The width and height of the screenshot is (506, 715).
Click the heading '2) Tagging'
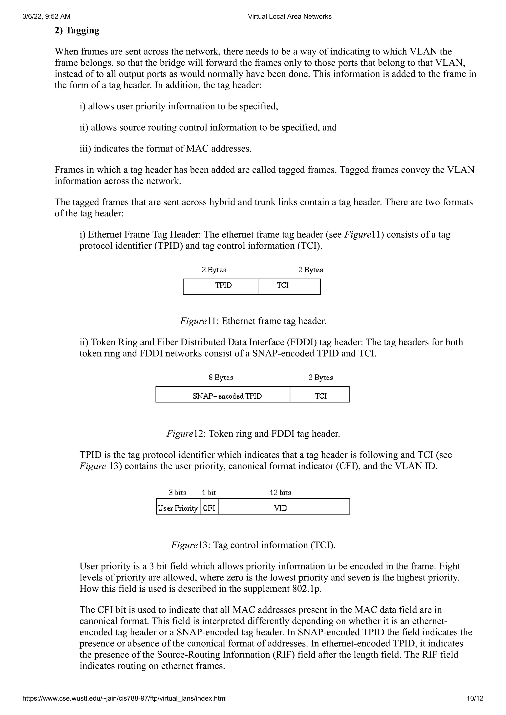click(x=77, y=31)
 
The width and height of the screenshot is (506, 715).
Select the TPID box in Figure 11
click(x=220, y=286)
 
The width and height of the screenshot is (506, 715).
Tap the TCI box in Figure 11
click(x=289, y=286)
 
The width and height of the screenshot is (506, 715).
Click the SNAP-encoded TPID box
click(x=223, y=395)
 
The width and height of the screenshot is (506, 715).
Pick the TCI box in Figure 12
click(x=319, y=395)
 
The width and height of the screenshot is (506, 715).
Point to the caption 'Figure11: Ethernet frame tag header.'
click(x=253, y=321)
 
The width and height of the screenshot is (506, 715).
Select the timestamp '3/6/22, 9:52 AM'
click(x=46, y=17)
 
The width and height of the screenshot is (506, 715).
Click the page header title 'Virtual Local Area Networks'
click(x=290, y=17)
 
